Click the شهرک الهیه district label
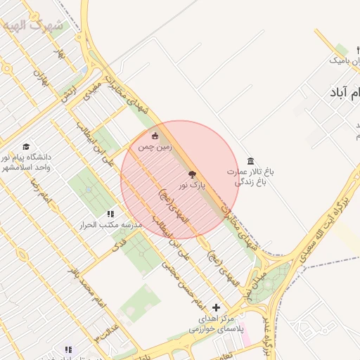click(x=34, y=26)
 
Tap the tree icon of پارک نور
click(x=192, y=174)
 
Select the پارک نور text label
click(x=192, y=186)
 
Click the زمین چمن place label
click(x=155, y=148)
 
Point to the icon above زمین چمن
click(x=155, y=136)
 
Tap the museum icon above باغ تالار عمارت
click(x=251, y=161)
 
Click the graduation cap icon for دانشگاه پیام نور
click(x=26, y=146)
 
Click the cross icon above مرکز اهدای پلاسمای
click(x=216, y=307)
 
